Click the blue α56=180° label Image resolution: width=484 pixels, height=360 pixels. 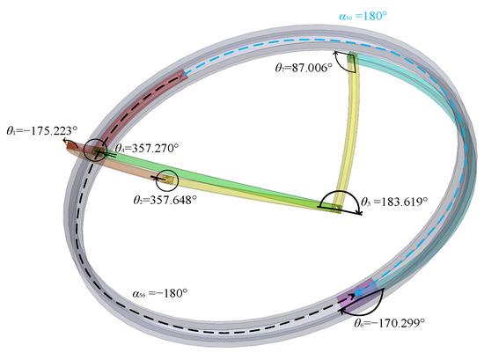click(364, 15)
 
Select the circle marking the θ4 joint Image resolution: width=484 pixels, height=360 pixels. click(95, 151)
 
